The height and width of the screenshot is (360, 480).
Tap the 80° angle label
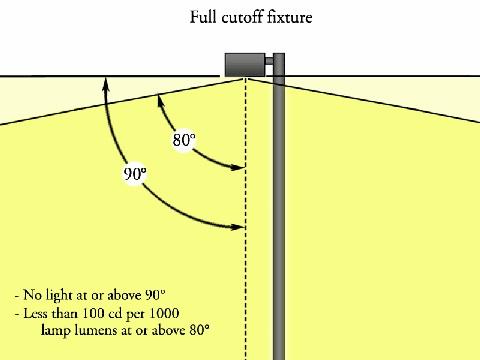tap(183, 140)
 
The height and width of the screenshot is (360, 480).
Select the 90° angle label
tap(134, 173)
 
